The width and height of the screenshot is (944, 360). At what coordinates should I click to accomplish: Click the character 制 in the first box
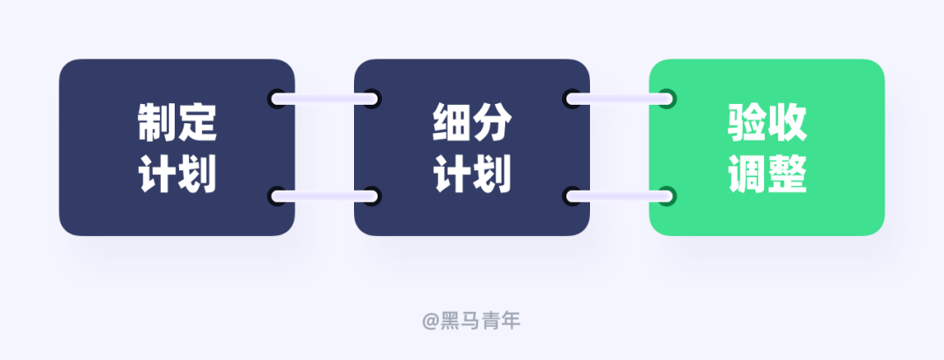click(x=157, y=124)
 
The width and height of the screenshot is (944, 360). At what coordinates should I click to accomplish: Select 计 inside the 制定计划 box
click(x=157, y=174)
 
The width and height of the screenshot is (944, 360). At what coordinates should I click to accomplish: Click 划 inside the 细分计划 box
click(x=492, y=174)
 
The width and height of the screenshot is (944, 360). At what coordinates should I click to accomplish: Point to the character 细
click(x=452, y=124)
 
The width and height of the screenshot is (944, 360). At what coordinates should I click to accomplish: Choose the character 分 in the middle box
click(x=492, y=124)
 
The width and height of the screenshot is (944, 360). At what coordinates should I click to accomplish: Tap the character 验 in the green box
click(x=747, y=124)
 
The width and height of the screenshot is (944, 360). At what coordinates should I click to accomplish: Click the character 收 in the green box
click(x=787, y=124)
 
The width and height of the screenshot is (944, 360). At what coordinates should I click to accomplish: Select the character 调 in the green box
click(x=747, y=174)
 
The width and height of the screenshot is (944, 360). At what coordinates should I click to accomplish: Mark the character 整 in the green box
click(x=787, y=174)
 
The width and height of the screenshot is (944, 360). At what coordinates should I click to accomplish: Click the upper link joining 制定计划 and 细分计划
click(x=324, y=99)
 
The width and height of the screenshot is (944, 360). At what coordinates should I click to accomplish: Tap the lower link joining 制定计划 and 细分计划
click(x=324, y=196)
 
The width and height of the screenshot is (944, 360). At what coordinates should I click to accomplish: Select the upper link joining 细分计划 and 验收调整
click(x=620, y=99)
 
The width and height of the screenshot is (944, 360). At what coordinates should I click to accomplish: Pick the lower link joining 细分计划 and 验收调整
click(x=620, y=196)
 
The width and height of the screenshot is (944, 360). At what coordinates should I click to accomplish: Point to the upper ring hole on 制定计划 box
click(x=277, y=99)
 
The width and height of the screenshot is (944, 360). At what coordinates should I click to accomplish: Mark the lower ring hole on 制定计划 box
click(x=277, y=196)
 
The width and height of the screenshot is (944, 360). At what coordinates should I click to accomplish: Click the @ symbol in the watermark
click(x=431, y=322)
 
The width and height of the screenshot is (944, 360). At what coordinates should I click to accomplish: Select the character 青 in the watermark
click(x=490, y=321)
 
